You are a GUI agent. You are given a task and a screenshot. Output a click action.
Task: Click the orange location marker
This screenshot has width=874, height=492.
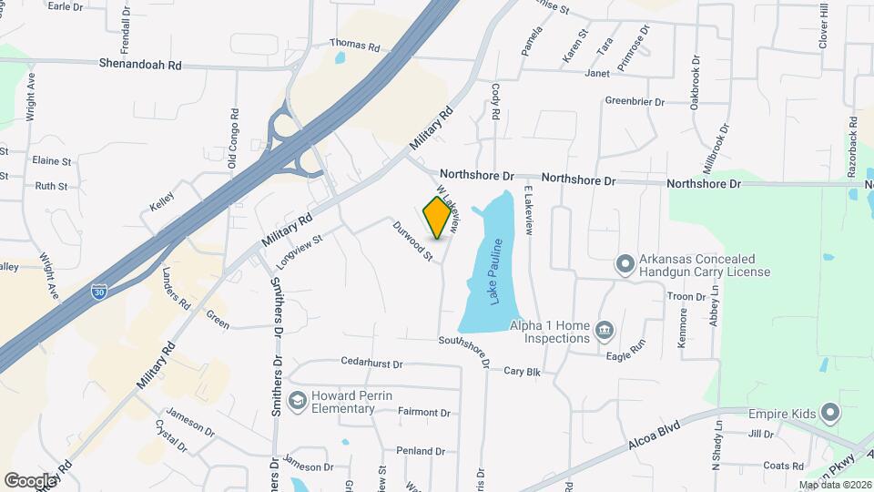[x=439, y=217]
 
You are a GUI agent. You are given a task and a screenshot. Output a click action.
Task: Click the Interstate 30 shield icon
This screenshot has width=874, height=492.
[x=99, y=292]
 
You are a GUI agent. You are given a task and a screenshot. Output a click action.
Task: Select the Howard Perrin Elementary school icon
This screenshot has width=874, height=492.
[x=298, y=401]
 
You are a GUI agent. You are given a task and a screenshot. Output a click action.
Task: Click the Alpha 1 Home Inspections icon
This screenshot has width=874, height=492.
[x=603, y=328]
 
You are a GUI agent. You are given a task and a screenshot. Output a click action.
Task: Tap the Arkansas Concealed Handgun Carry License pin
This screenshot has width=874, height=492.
[x=625, y=264]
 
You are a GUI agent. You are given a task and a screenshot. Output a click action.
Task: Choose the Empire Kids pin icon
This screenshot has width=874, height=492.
[x=828, y=414]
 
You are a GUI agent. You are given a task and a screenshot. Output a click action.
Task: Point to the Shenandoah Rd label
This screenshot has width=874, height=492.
[x=140, y=65]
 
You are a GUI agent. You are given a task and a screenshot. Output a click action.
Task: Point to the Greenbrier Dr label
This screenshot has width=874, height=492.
[x=635, y=101]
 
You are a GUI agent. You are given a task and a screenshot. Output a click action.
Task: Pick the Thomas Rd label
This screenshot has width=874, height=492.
[x=353, y=44]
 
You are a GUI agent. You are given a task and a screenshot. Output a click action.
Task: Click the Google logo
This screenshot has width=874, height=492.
[x=30, y=480]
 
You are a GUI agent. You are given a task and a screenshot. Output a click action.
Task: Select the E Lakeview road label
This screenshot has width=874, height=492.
[x=527, y=210]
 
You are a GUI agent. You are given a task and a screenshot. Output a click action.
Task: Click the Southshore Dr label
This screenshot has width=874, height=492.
[x=464, y=354]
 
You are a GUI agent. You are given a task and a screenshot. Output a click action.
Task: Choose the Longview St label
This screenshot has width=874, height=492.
[x=300, y=252]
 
